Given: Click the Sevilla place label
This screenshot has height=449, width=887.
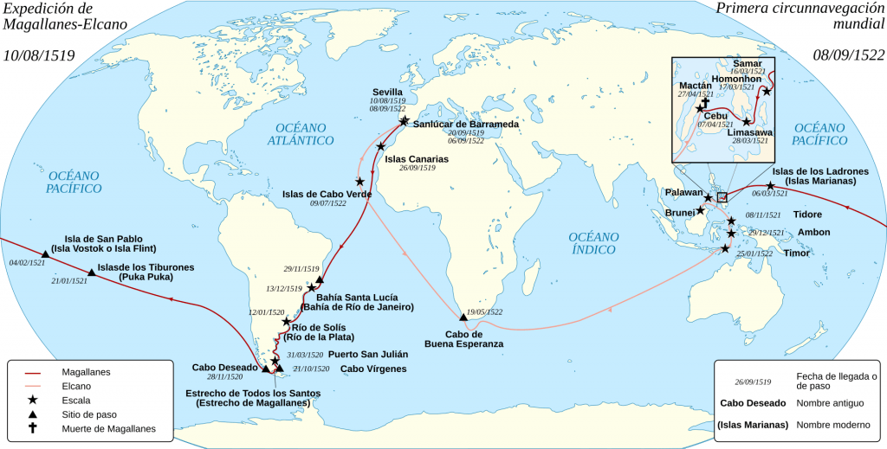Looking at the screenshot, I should point(386,91).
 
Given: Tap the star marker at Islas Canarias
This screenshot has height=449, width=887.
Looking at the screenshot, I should point(380,147).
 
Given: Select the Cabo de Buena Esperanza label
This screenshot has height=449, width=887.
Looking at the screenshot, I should point(463,338).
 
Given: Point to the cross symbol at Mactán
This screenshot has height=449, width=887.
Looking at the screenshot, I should point(704,102).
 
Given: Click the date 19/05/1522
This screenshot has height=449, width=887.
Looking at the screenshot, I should point(484,311).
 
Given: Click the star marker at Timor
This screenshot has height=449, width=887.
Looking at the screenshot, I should point(725,248).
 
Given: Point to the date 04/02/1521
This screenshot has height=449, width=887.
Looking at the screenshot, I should point(27,262).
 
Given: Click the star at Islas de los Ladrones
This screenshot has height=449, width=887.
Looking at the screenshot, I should point(770,186).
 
